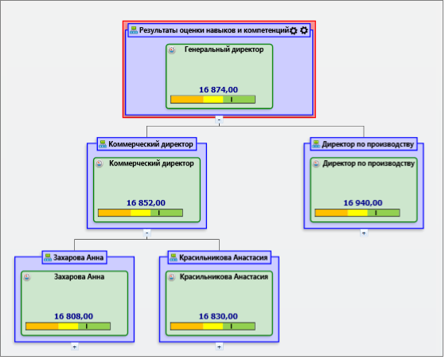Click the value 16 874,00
(x=218, y=90)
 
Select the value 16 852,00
(x=146, y=203)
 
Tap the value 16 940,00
(x=363, y=203)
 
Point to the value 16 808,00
(x=73, y=316)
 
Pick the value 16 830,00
(x=218, y=316)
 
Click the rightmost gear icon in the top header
(x=304, y=30)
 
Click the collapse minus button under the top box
(x=219, y=119)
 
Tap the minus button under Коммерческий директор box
(x=146, y=233)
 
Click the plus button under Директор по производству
(x=364, y=233)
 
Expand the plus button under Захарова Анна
(x=74, y=346)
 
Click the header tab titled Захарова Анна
(x=74, y=257)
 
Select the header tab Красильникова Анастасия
(x=220, y=257)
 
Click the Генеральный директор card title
(x=224, y=49)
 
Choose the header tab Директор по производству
(x=364, y=144)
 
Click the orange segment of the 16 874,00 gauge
(x=187, y=100)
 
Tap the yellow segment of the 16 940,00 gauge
(x=357, y=213)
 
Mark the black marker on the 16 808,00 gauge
(x=87, y=327)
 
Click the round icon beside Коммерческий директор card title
(x=99, y=163)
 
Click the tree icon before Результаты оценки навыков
(x=134, y=30)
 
